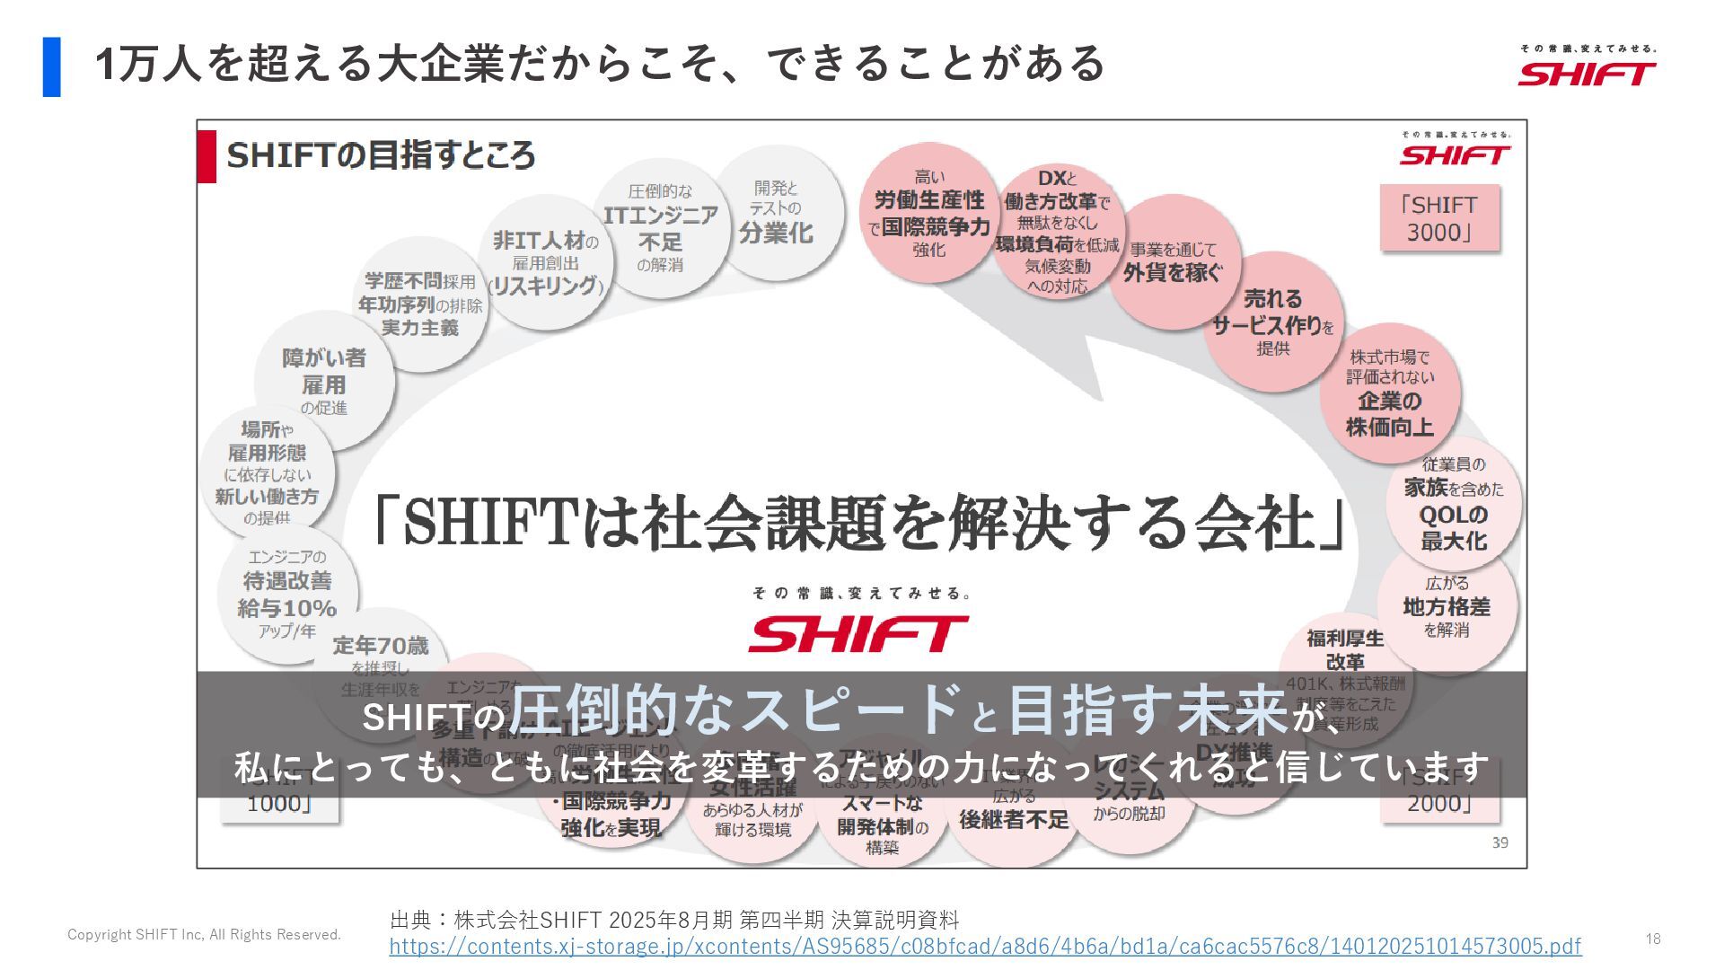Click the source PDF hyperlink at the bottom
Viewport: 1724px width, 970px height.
coord(985,946)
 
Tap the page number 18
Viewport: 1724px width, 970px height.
coord(1653,939)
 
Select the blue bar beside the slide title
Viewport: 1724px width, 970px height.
coord(51,66)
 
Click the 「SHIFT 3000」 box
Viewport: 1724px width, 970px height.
coord(1439,218)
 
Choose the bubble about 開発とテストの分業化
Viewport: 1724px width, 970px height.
coord(777,213)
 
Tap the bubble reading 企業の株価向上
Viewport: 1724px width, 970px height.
coord(1389,393)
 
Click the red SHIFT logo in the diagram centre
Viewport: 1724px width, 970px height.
coord(858,633)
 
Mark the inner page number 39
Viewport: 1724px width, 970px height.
coord(1500,842)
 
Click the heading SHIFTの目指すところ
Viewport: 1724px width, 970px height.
coord(381,155)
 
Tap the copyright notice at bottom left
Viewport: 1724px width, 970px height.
coord(204,935)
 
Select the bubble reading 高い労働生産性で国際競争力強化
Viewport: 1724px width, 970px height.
coord(929,214)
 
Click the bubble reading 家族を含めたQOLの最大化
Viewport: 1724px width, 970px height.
coord(1454,504)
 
